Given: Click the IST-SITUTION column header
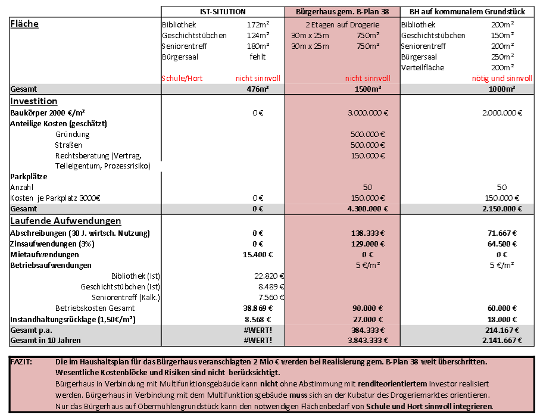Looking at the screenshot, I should pyautogui.click(x=223, y=11).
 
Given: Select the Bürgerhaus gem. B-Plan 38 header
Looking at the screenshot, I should pyautogui.click(x=342, y=11).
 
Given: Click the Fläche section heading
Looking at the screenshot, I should pyautogui.click(x=24, y=24).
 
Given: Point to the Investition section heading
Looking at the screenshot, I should pyautogui.click(x=34, y=101).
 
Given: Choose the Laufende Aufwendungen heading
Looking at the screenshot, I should pyautogui.click(x=65, y=221).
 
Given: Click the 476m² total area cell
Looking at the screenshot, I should pyautogui.click(x=257, y=89).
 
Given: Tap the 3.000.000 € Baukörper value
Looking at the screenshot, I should pyautogui.click(x=368, y=113).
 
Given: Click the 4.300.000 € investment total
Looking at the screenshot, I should pyautogui.click(x=367, y=209).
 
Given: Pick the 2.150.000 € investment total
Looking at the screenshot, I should pyautogui.click(x=502, y=209).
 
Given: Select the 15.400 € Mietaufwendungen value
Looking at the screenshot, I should pyautogui.click(x=258, y=254).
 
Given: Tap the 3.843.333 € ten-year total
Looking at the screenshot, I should pyautogui.click(x=367, y=340).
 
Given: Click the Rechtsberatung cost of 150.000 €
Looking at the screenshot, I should pyautogui.click(x=368, y=155).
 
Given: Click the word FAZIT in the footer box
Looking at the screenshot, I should pyautogui.click(x=21, y=362).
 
